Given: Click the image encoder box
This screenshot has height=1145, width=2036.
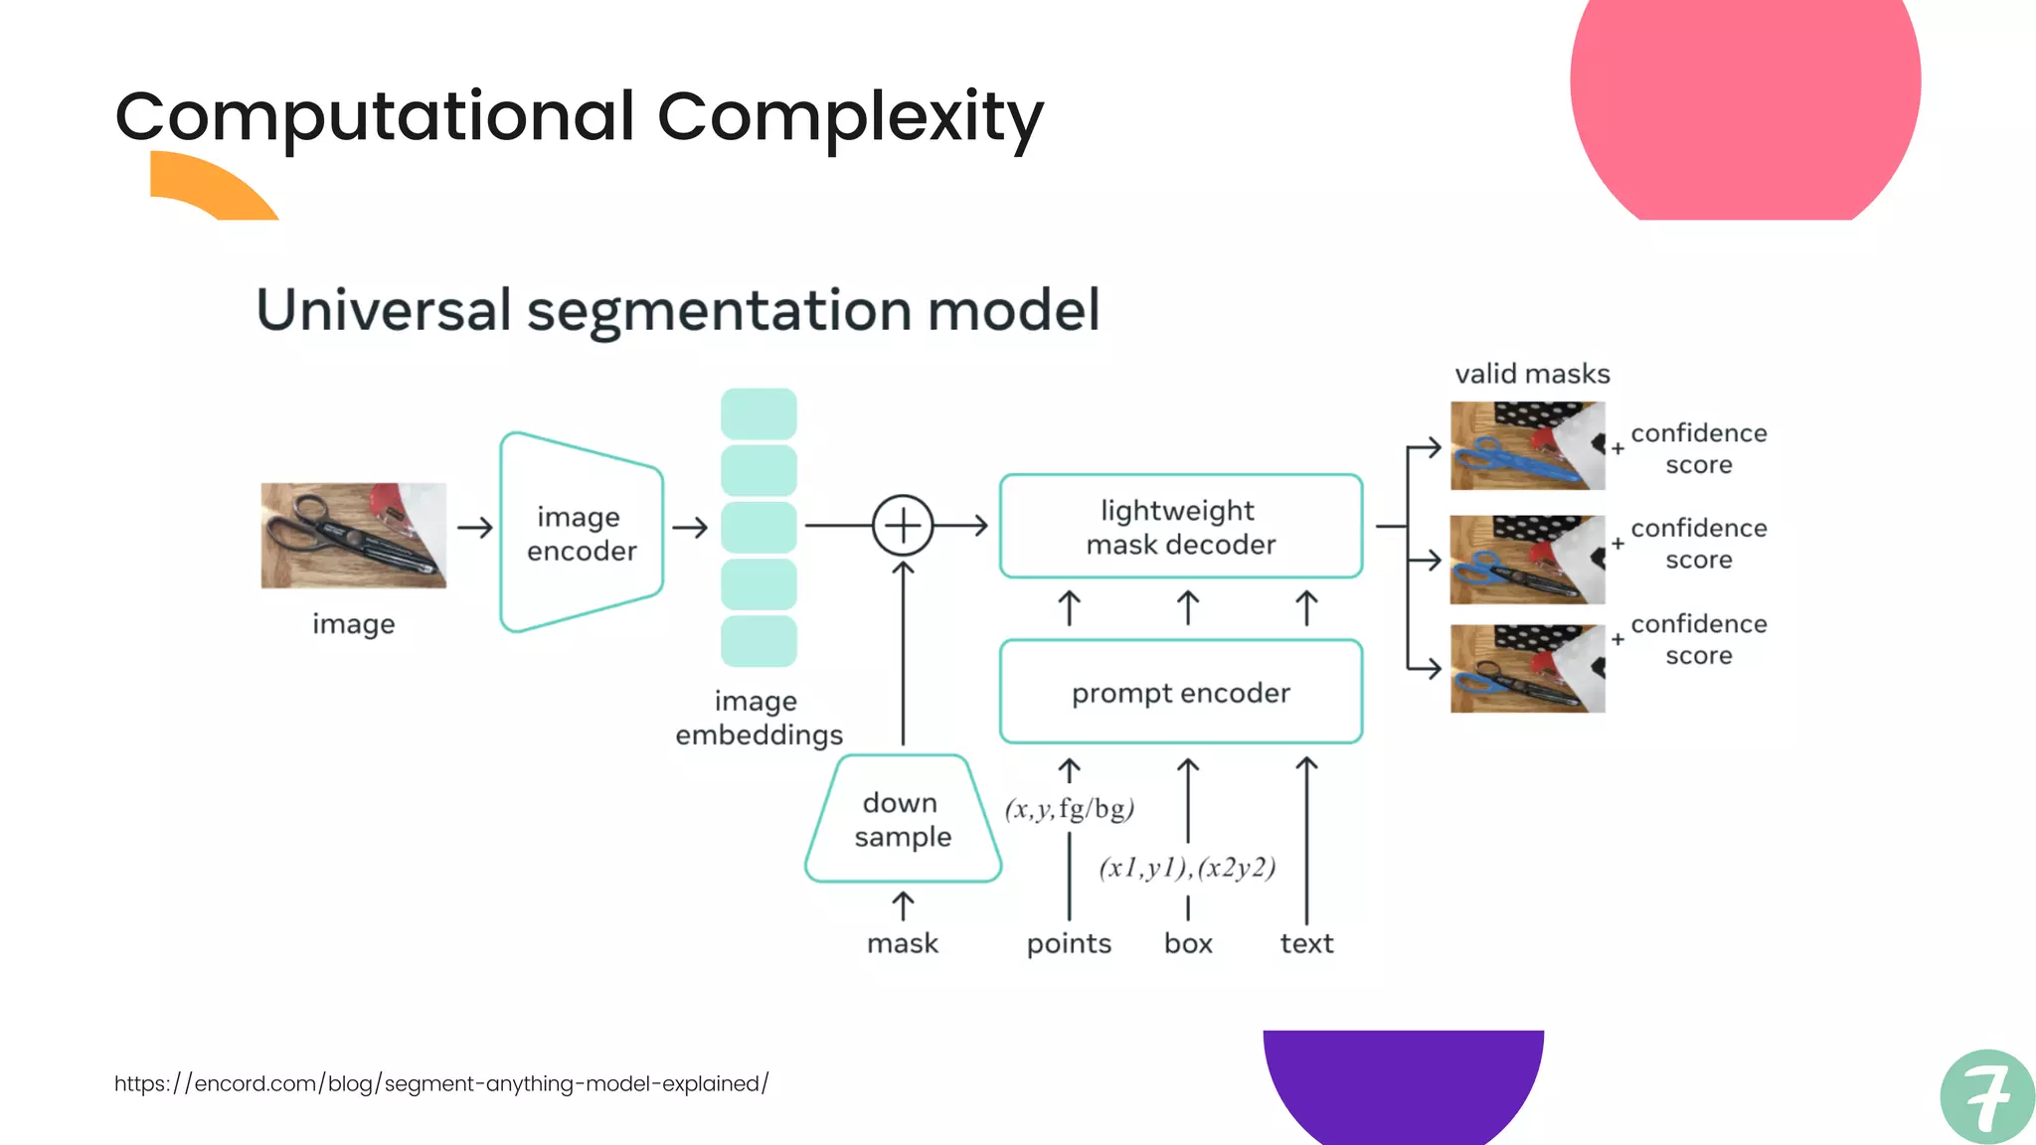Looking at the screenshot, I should coord(582,534).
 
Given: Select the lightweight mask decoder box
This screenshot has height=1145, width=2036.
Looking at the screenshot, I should coord(1180,527).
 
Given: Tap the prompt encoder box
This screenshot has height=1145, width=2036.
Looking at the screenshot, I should coord(1180,693).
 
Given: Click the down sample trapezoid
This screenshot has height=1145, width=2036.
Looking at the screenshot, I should coord(903,820).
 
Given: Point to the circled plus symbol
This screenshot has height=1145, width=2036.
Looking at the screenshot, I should coord(903,525).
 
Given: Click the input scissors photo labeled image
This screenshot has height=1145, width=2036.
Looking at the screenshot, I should coord(353,536).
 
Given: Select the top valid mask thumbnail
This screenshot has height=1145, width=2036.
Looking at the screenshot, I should coord(1527,445).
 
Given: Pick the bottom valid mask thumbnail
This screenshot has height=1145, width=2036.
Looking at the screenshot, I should coord(1527,669).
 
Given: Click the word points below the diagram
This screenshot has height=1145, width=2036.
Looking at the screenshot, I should coord(1069,943).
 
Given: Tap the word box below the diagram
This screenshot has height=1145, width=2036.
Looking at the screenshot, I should coord(1188,943).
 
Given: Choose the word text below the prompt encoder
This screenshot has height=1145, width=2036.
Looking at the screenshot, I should coord(1306,943).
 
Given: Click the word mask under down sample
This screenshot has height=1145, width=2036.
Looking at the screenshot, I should coord(903,943).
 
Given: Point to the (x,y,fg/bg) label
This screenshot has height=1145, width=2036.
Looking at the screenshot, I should coord(1069,808).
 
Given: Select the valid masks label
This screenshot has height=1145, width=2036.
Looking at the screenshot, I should coord(1532,374).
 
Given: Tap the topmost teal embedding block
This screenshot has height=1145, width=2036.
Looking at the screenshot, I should coord(759,413).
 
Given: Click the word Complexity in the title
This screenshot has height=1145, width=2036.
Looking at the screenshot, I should coord(850,117).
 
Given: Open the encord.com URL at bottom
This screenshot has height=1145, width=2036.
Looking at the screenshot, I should coord(441,1083).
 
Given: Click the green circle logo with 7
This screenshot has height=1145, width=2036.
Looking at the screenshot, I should coord(1986,1096).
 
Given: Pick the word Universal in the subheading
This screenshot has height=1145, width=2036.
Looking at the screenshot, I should coord(384,309).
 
